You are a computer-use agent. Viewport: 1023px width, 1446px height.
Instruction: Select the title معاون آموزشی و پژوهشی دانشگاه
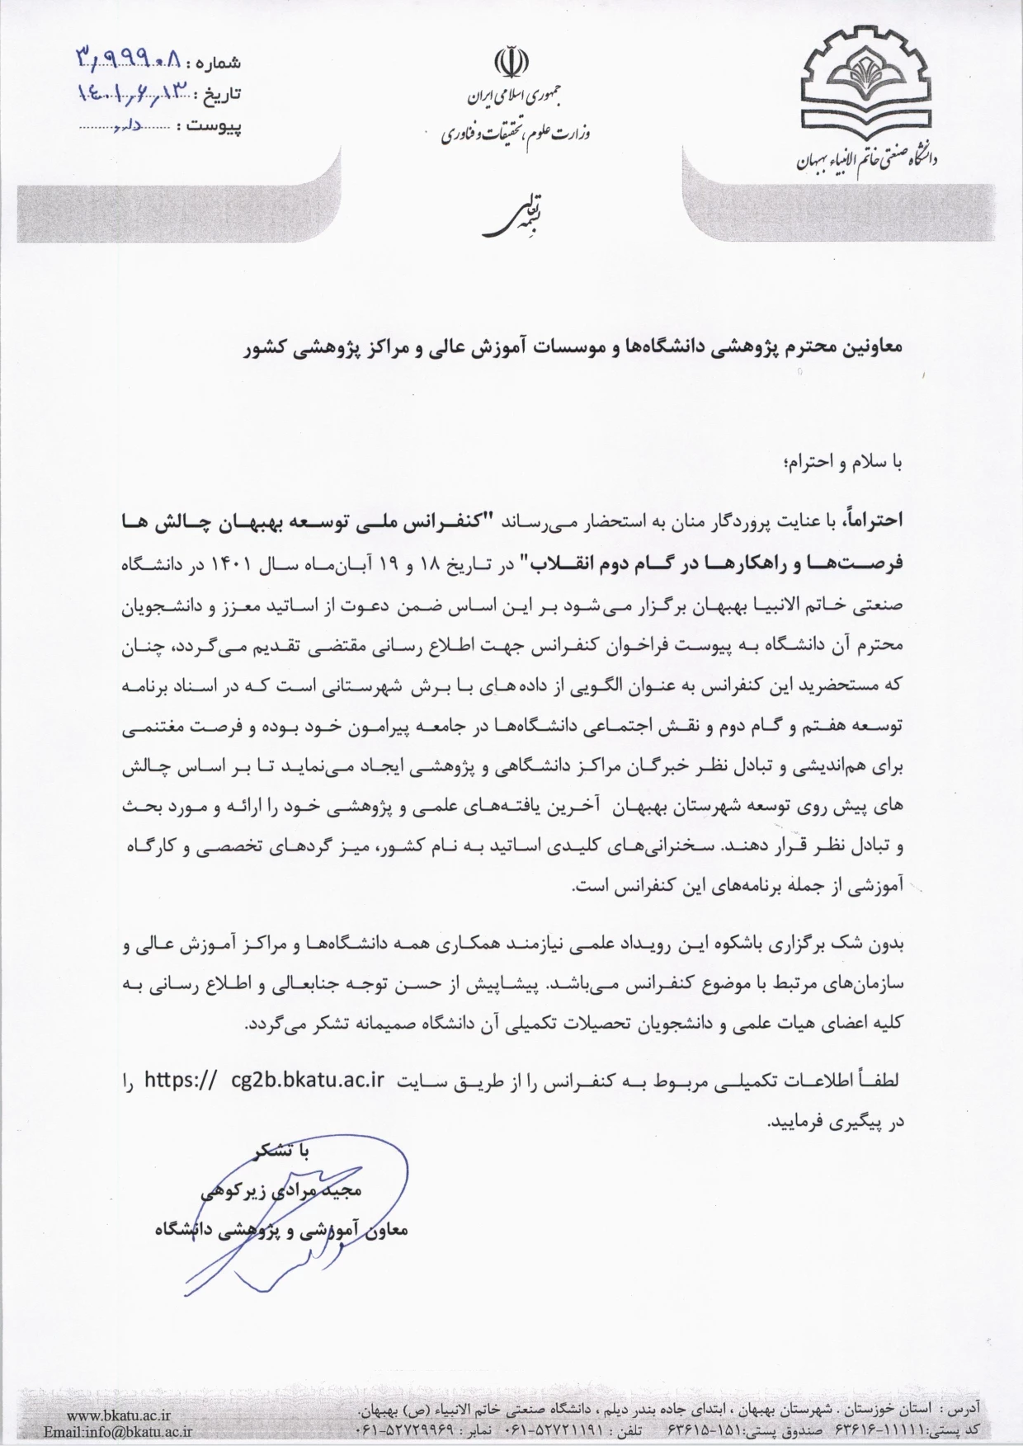click(281, 1231)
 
